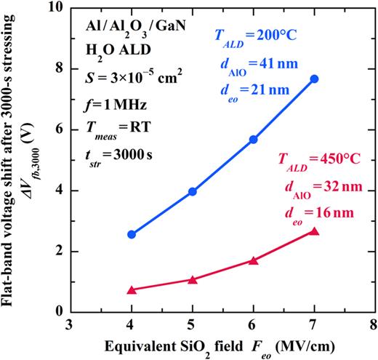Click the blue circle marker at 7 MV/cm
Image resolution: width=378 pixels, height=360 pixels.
click(x=314, y=79)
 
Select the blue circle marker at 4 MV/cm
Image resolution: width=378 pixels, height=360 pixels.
click(x=132, y=234)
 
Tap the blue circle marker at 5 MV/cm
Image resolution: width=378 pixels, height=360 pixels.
click(x=192, y=191)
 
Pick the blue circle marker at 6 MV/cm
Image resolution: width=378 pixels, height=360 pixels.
click(x=253, y=139)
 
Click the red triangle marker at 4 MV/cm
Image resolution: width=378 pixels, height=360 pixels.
click(x=132, y=289)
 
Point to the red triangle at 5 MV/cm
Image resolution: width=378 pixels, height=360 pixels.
click(x=192, y=279)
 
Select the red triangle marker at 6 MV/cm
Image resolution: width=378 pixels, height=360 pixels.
click(x=253, y=260)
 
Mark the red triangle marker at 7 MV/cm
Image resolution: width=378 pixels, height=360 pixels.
click(x=314, y=231)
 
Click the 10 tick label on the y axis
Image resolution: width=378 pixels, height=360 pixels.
click(x=56, y=8)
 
